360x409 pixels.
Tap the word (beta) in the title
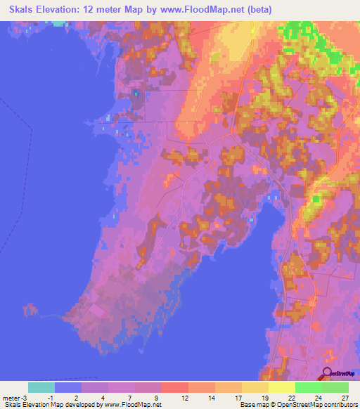258,8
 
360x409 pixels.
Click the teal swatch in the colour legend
41,387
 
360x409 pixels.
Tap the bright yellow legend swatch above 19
281,387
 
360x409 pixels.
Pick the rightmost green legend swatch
335,387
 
